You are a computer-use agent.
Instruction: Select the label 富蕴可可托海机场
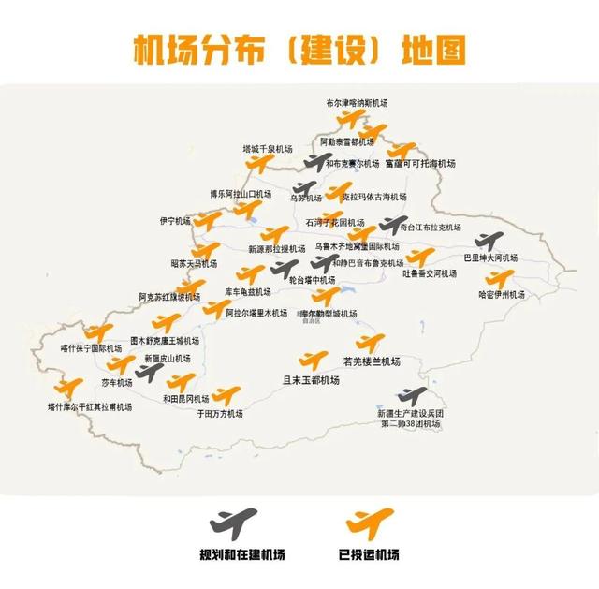click(x=419, y=163)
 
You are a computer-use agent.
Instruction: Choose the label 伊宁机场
click(x=174, y=221)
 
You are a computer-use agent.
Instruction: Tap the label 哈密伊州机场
click(x=502, y=294)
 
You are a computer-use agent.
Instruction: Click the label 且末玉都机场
click(x=310, y=380)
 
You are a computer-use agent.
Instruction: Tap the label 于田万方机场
click(x=219, y=413)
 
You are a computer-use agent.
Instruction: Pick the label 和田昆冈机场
click(x=185, y=399)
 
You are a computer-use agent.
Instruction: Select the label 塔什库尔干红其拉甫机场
click(x=90, y=407)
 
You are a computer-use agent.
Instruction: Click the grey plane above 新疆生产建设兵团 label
click(x=411, y=395)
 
